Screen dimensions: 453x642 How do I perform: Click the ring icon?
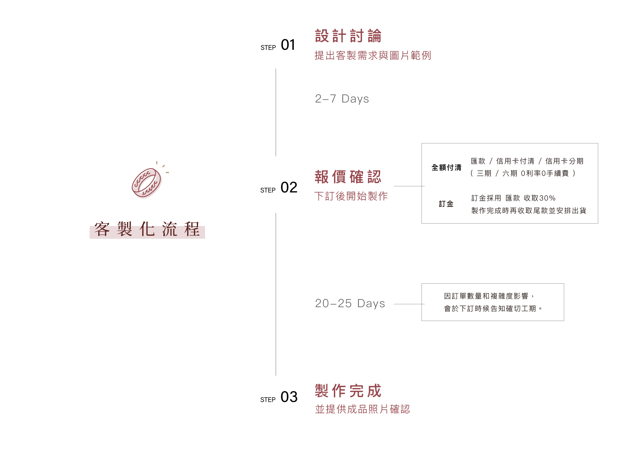point(147,183)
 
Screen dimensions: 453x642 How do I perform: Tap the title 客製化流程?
point(147,229)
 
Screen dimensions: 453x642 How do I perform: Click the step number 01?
point(288,45)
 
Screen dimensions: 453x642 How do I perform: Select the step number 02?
point(289,188)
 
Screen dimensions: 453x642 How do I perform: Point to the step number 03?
point(289,397)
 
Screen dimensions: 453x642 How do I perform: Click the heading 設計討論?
point(348,36)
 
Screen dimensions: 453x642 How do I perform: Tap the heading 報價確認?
point(348,177)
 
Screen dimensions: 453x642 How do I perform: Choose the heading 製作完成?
point(348,391)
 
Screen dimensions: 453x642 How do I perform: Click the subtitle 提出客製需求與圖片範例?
point(373,56)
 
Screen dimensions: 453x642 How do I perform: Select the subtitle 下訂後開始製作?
point(351,196)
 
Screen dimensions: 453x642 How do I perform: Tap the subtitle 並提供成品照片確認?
point(362,409)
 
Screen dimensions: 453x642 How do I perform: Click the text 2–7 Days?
point(342,99)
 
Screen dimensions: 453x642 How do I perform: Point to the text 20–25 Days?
point(350,304)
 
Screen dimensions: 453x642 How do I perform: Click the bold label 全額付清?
point(447,168)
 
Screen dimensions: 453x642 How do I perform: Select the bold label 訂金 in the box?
point(446,204)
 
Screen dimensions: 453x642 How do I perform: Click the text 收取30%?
point(540,198)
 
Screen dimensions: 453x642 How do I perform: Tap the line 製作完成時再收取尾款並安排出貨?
point(529,211)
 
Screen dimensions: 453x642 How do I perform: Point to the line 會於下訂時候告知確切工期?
point(492,309)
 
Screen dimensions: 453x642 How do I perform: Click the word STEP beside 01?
point(268,48)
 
